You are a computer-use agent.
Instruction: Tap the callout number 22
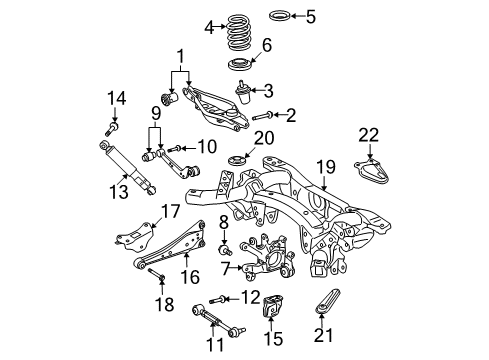tap(370, 135)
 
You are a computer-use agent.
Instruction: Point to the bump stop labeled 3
tap(242, 95)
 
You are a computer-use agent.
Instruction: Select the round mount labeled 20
tap(238, 164)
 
